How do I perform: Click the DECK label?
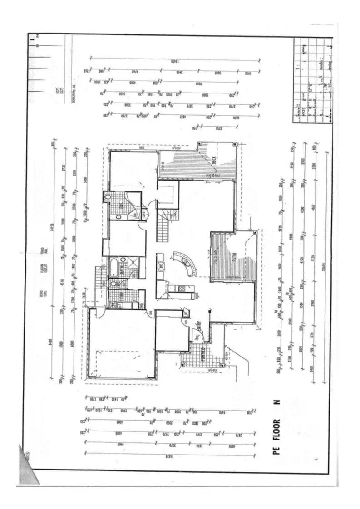pyautogui.click(x=213, y=160)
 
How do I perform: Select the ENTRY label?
pyautogui.click(x=199, y=326)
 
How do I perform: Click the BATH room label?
pyautogui.click(x=122, y=269)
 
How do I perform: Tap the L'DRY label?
pyautogui.click(x=122, y=299)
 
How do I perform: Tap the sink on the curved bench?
pyautogui.click(x=185, y=262)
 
